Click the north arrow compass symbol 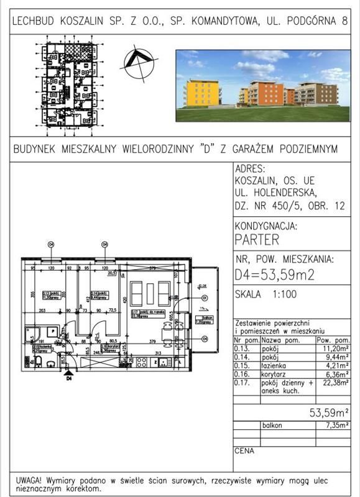pyautogui.click(x=139, y=64)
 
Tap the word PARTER pyautogui.click(x=257, y=240)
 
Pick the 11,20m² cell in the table pyautogui.click(x=335, y=349)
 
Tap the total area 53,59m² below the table pyautogui.click(x=329, y=411)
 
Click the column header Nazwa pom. pyautogui.click(x=279, y=340)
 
